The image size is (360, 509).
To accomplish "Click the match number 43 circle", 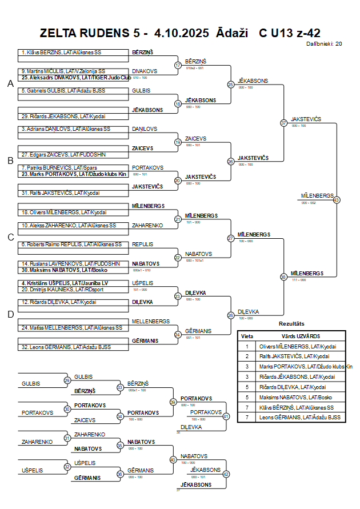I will (337, 200).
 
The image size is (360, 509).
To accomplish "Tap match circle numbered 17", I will (178, 65).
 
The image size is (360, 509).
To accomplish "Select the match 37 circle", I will (283, 123).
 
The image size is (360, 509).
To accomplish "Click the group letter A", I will (10, 84).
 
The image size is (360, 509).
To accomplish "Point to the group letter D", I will (10, 314).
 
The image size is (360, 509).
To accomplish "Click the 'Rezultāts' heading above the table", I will (291, 323).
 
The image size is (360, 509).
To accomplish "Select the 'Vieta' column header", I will (247, 336).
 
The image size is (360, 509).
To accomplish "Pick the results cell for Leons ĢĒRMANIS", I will (298, 418).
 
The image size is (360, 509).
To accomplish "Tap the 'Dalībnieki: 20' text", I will (324, 43).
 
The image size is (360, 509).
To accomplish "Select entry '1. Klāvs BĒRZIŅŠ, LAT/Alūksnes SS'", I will (63, 52).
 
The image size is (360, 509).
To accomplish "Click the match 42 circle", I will (226, 474).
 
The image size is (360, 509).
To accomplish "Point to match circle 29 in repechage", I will (67, 380).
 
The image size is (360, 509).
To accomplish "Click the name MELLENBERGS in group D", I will (151, 321).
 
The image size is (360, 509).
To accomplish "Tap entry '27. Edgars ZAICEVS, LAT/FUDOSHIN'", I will (63, 154).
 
